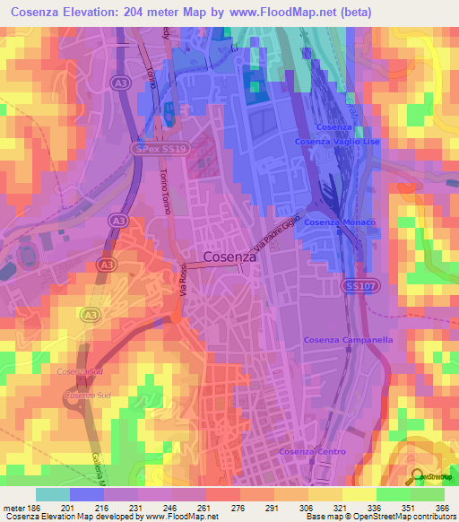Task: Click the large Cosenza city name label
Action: (x=230, y=256)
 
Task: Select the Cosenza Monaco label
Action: (x=333, y=222)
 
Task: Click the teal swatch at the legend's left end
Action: (x=53, y=494)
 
